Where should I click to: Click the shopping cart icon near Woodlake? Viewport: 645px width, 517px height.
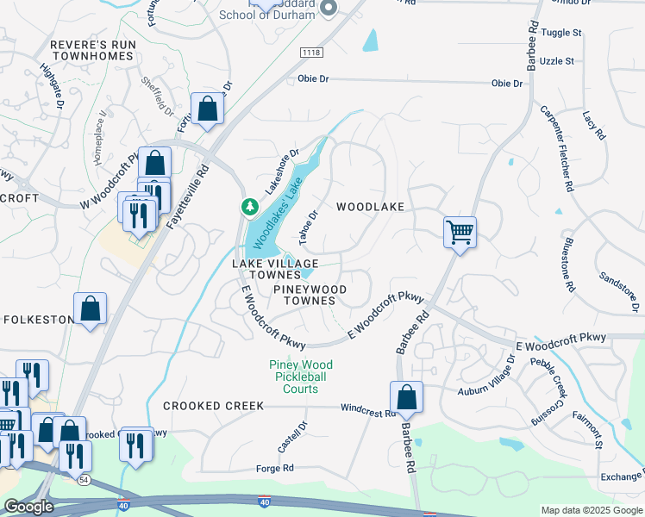[x=460, y=231]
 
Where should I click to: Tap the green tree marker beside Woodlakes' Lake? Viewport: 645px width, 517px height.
[x=249, y=207]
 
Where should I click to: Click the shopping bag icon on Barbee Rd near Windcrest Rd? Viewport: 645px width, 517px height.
[x=406, y=398]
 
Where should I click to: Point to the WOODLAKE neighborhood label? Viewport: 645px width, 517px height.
[x=370, y=207]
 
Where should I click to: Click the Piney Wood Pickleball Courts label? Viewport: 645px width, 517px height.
[x=300, y=377]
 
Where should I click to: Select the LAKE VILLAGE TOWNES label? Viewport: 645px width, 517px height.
[x=275, y=268]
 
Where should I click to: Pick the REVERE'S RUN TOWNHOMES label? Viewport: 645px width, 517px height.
[x=92, y=49]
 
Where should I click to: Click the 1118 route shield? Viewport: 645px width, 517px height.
[x=311, y=53]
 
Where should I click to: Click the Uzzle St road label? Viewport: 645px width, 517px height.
[x=557, y=61]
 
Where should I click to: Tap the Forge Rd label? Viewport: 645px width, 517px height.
[x=275, y=468]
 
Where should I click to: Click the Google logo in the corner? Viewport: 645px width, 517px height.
[x=28, y=507]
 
